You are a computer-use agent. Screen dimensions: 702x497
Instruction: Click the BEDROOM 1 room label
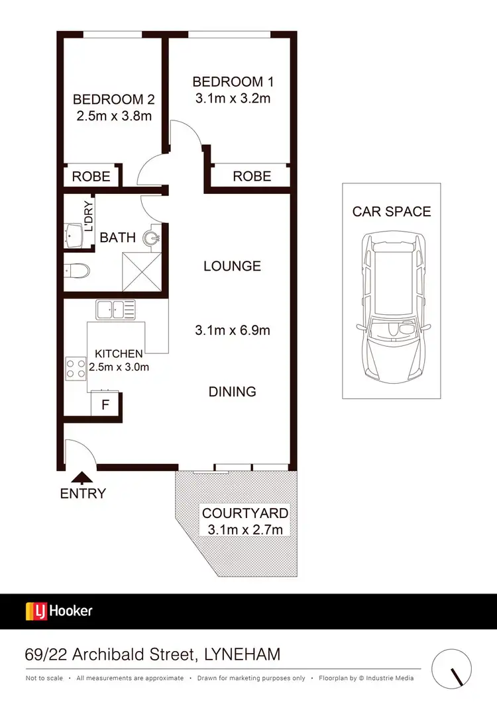point(233,82)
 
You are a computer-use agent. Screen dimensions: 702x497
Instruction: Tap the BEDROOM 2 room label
point(113,99)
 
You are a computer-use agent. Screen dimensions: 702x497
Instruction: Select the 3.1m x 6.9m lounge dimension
point(232,330)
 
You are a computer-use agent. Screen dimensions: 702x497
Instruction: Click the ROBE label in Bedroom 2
point(91,177)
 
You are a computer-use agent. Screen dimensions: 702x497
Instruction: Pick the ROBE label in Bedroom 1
point(252,176)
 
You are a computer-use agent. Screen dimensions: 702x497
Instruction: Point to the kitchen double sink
point(115,308)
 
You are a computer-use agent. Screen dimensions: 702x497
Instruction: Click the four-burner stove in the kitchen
point(76,368)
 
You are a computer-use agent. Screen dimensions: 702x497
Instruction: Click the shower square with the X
point(140,271)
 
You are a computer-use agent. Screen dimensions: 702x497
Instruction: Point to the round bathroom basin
point(154,237)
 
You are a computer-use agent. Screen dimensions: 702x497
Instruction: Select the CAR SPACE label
point(391,212)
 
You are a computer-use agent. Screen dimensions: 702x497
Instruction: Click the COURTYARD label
point(245,513)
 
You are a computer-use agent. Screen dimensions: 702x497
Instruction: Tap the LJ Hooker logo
point(59,611)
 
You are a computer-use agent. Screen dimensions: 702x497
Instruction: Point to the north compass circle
point(453,670)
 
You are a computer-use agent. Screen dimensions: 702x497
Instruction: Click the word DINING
point(232,392)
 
